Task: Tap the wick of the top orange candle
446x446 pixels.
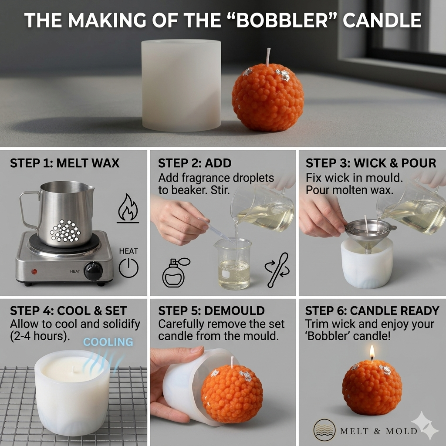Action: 268,57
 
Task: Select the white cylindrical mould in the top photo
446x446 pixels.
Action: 181,85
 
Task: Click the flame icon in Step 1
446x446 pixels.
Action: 128,208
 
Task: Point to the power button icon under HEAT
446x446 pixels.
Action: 128,268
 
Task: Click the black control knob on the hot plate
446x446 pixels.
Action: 93,271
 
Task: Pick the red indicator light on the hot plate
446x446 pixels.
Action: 34,271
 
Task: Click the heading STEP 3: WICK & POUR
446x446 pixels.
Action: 371,163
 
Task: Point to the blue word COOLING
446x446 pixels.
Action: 108,342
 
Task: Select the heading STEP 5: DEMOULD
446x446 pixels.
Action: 211,311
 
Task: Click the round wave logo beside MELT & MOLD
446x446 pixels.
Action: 324,431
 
